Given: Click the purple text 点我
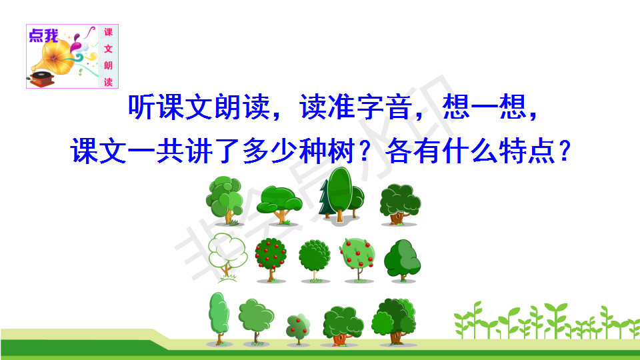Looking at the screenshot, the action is click(x=44, y=35).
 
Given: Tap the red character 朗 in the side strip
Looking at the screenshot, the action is click(x=108, y=65).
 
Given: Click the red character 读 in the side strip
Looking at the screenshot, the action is click(x=108, y=81).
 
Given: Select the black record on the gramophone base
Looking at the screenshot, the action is click(x=42, y=75).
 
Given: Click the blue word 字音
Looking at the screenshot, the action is click(x=384, y=107).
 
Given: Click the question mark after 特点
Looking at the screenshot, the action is click(x=565, y=151).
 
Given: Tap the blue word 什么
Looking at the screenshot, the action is click(x=470, y=151).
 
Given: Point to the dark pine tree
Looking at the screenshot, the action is click(x=325, y=200).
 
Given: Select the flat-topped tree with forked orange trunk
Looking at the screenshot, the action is click(x=279, y=205).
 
